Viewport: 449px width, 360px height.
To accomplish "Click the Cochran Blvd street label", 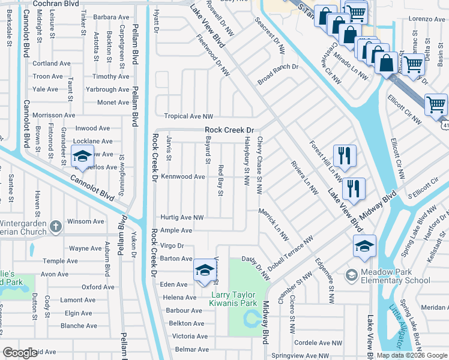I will pyautogui.click(x=56, y=3).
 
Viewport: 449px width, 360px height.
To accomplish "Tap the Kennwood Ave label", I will pyautogui.click(x=183, y=177).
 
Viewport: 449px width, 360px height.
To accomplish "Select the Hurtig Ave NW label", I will pyautogui.click(x=182, y=217).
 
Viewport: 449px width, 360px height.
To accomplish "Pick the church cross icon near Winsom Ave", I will pyautogui.click(x=55, y=226).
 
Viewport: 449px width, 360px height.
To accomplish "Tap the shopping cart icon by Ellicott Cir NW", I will pyautogui.click(x=436, y=104).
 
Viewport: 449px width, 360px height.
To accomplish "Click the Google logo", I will pyautogui.click(x=20, y=353).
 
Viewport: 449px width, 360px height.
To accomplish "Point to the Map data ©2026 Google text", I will pyautogui.click(x=412, y=355).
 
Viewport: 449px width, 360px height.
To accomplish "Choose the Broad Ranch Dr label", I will pyautogui.click(x=278, y=67).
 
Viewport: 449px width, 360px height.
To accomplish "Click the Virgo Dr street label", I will pyautogui.click(x=172, y=245).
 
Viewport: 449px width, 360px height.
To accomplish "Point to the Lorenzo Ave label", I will pyautogui.click(x=427, y=19).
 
